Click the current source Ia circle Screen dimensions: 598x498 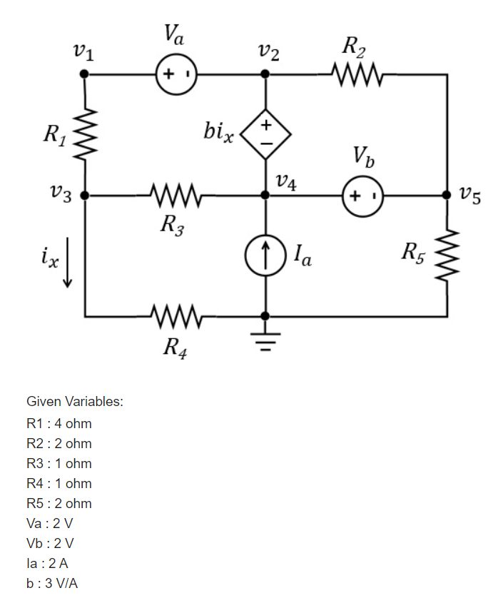click(x=265, y=253)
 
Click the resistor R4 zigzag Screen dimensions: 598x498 click(x=176, y=315)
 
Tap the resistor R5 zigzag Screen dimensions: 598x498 click(x=448, y=254)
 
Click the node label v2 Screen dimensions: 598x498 click(x=269, y=51)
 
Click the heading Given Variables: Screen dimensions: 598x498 click(x=75, y=402)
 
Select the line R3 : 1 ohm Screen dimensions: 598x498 click(x=59, y=463)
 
